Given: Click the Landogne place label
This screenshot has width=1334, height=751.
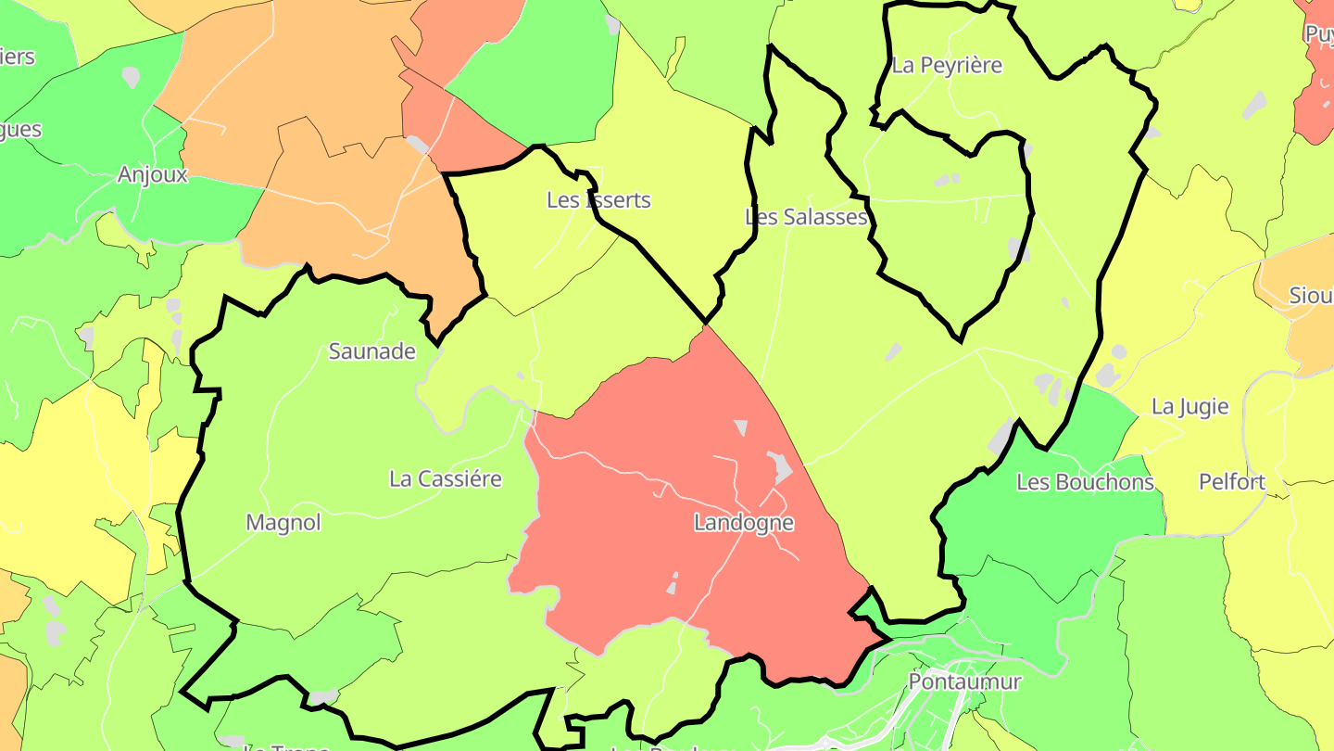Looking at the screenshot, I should click(744, 523).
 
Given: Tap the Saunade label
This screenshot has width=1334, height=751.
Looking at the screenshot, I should click(372, 351).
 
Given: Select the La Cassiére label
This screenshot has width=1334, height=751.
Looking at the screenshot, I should click(446, 479).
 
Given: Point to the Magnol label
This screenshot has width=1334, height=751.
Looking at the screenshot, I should click(283, 523).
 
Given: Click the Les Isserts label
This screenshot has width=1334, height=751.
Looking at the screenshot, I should click(598, 200).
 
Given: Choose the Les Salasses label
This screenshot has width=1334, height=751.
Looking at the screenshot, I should click(806, 217).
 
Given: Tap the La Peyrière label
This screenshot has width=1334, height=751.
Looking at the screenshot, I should click(947, 66).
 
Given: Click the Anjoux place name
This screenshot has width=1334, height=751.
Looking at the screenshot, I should click(153, 174).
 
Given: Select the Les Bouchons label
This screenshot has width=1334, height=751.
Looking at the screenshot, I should click(1086, 482).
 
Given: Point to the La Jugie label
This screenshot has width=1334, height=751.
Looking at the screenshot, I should click(1190, 406).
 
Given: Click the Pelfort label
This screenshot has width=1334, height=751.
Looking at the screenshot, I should click(1232, 482).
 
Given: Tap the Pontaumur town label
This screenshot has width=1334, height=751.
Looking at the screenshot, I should click(964, 681).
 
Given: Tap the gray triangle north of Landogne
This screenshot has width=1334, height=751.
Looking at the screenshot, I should click(741, 426).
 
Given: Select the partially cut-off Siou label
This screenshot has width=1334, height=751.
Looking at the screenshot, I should click(1311, 296).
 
